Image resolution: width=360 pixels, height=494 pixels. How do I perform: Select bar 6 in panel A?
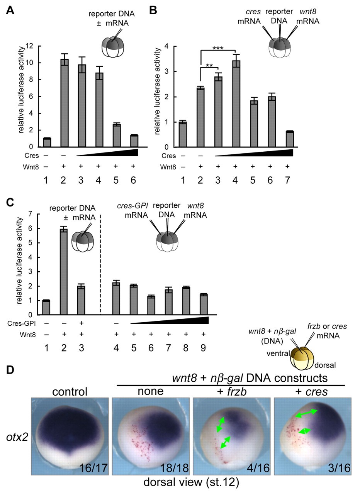(x=134, y=141)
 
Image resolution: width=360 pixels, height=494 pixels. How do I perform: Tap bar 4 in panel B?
(x=236, y=104)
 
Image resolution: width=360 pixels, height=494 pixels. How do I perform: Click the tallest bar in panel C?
(x=64, y=272)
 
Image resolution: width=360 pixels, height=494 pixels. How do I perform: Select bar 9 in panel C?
(x=204, y=305)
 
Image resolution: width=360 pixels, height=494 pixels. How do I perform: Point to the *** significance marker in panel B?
(x=218, y=48)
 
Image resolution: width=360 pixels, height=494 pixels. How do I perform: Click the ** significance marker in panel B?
(x=209, y=65)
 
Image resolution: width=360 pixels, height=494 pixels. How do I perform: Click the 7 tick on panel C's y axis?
(x=31, y=214)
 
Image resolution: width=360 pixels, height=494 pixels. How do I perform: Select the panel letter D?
(x=10, y=370)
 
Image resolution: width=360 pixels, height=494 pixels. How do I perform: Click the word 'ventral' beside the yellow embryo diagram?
(x=278, y=354)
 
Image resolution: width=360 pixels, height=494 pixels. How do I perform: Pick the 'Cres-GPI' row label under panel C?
(x=21, y=323)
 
